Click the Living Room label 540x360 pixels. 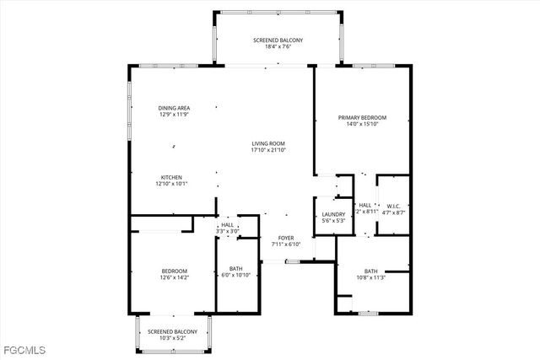267,143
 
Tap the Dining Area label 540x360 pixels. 174,107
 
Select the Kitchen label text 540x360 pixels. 172,177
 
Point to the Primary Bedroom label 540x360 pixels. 362,117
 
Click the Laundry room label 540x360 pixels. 333,214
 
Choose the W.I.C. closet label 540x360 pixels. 392,204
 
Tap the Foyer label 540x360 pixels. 287,239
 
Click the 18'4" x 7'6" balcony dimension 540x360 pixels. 278,48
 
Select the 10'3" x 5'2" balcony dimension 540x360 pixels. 173,339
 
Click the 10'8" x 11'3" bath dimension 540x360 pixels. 371,277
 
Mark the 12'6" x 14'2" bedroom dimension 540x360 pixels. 174,277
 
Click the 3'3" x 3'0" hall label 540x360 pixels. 227,231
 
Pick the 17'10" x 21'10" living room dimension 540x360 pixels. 267,150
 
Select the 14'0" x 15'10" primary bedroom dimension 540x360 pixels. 362,124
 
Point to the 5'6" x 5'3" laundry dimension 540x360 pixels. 333,221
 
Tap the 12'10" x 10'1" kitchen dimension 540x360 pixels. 172,184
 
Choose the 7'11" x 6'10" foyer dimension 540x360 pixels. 287,245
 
